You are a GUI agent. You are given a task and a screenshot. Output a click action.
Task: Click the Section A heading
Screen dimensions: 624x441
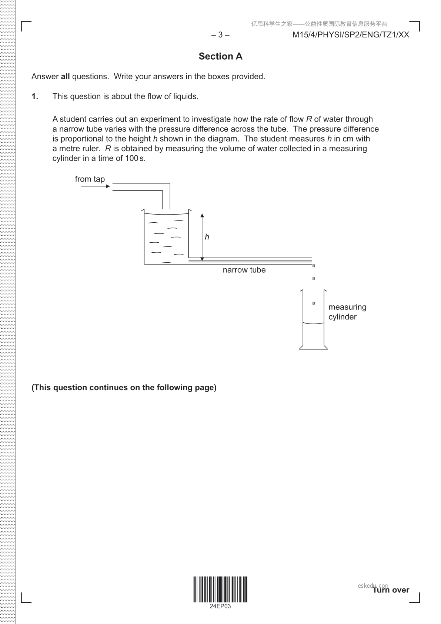pyautogui.click(x=220, y=56)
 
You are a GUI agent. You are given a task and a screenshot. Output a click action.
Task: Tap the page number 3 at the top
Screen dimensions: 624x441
pyautogui.click(x=220, y=35)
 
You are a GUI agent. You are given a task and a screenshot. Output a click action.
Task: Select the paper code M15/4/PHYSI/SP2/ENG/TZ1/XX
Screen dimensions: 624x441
pyautogui.click(x=351, y=35)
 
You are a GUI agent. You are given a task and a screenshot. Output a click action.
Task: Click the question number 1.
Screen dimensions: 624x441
pyautogui.click(x=35, y=96)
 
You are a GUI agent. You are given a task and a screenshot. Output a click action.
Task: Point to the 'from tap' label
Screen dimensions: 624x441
pyautogui.click(x=90, y=179)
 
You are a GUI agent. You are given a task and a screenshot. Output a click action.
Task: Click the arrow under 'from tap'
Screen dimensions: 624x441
pyautogui.click(x=95, y=186)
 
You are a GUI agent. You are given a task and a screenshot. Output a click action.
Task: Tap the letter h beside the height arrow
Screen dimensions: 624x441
pyautogui.click(x=207, y=237)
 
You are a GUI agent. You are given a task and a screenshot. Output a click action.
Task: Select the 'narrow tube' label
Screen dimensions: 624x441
pyautogui.click(x=244, y=270)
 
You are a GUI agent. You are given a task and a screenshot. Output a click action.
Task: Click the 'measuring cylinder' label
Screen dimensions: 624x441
pyautogui.click(x=347, y=312)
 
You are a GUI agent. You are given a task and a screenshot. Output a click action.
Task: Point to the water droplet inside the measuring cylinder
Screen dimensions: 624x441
pyautogui.click(x=314, y=303)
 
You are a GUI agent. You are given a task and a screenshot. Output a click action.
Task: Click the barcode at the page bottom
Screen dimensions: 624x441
pyautogui.click(x=220, y=589)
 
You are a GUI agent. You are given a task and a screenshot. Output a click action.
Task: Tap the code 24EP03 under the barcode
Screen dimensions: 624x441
pyautogui.click(x=220, y=606)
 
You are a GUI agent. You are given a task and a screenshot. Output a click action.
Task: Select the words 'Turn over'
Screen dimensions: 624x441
pyautogui.click(x=391, y=590)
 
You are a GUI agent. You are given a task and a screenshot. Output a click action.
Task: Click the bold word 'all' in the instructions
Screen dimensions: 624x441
pyautogui.click(x=65, y=76)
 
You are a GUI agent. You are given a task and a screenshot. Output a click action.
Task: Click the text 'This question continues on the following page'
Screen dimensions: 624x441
pyautogui.click(x=124, y=388)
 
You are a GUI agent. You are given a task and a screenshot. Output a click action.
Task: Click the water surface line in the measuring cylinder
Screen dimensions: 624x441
pyautogui.click(x=313, y=323)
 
